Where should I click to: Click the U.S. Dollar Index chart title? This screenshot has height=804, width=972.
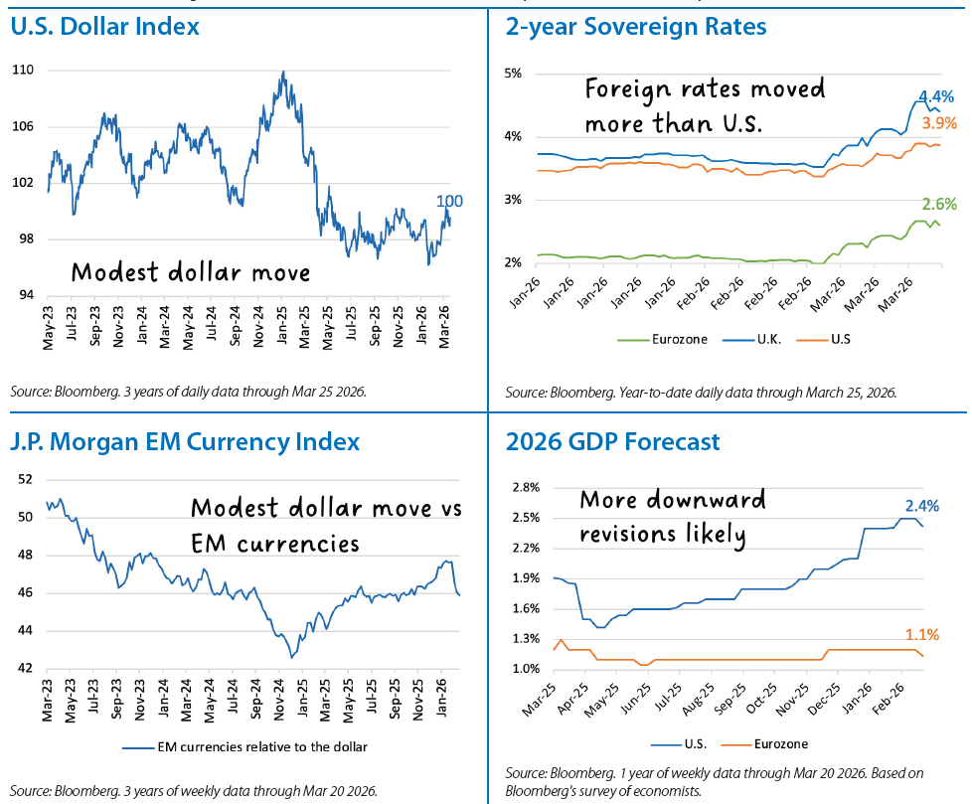click(105, 27)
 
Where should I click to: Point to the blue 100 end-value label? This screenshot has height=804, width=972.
click(450, 202)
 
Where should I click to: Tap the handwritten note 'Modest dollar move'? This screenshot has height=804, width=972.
click(190, 272)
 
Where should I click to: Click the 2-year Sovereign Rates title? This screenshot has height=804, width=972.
click(636, 27)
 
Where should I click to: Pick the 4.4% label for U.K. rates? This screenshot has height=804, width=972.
click(935, 97)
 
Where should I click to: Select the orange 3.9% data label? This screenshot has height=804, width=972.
click(939, 123)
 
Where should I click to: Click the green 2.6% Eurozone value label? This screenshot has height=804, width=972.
click(939, 205)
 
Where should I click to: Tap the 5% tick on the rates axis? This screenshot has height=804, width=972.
click(514, 74)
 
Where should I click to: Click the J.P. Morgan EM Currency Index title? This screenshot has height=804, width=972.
click(185, 440)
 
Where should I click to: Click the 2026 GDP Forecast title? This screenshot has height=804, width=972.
click(612, 440)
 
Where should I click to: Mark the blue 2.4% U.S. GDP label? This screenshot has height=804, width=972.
click(921, 505)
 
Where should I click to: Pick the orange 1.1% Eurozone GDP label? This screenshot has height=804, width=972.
click(921, 635)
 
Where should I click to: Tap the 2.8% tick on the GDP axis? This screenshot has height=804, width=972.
click(525, 487)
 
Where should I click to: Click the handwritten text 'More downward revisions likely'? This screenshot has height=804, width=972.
click(671, 517)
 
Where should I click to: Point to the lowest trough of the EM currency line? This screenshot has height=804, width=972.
click(291, 657)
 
